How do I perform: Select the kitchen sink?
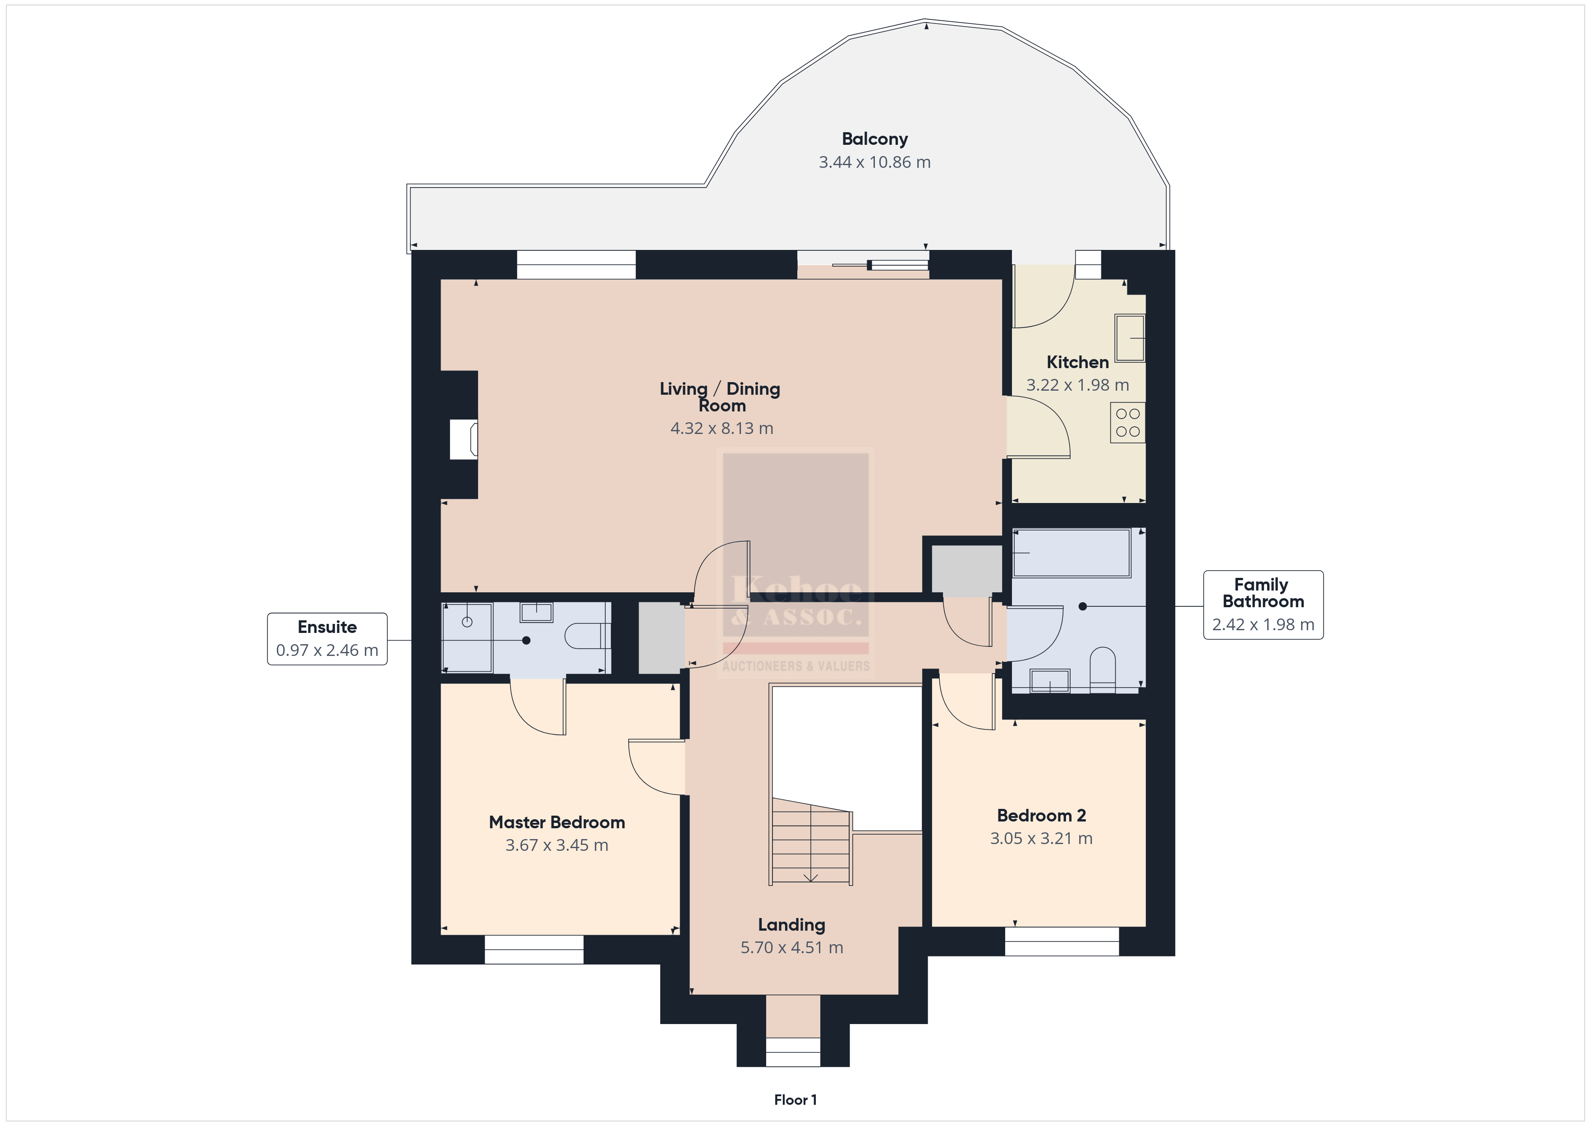tap(1130, 337)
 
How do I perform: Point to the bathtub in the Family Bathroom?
tap(1071, 553)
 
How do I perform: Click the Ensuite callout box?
tap(327, 639)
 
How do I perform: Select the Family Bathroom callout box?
tap(1263, 605)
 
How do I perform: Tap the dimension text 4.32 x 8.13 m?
tap(722, 429)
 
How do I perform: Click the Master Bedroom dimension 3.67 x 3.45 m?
tap(556, 845)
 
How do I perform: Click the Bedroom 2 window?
tap(1062, 941)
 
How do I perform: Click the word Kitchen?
tap(1077, 362)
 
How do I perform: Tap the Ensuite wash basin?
tap(536, 612)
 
